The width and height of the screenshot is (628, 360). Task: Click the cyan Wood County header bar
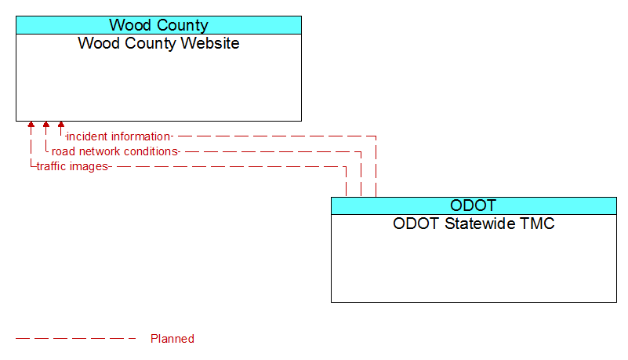[x=158, y=25]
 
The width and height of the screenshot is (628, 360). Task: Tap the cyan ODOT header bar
[x=474, y=205]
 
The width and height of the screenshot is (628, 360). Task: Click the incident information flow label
[x=118, y=136]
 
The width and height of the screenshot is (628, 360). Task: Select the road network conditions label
[x=114, y=151]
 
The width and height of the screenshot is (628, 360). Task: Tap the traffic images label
[x=72, y=166]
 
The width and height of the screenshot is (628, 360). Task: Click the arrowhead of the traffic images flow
[x=31, y=125]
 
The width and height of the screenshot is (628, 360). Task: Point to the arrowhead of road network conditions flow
[x=46, y=125]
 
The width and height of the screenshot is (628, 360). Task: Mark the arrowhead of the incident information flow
[x=61, y=125]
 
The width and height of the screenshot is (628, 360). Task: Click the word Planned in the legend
[x=172, y=339]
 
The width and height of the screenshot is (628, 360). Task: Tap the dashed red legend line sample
[x=76, y=338]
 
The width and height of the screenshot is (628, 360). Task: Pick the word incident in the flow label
[x=87, y=136]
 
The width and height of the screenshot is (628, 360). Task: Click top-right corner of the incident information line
[x=376, y=136]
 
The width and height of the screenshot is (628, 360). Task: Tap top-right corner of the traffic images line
[x=346, y=166]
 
